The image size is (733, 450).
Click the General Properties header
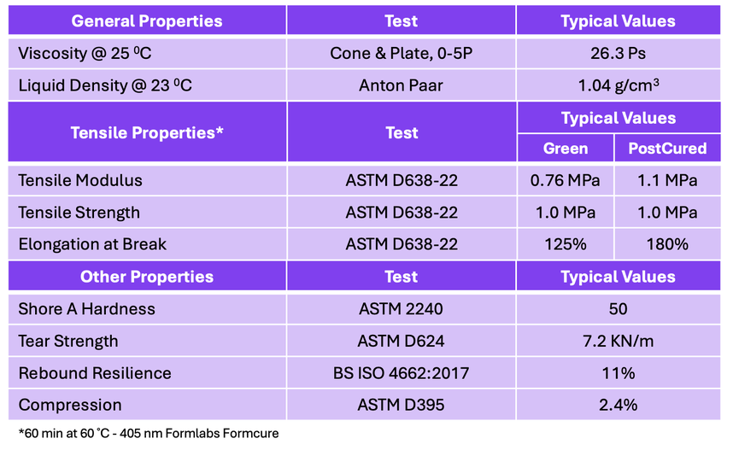[x=147, y=21]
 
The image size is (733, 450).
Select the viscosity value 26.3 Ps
[x=618, y=53]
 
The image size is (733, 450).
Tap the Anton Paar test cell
[x=401, y=85]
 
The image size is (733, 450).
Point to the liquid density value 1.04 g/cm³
[x=619, y=85]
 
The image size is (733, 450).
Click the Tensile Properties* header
[x=147, y=132]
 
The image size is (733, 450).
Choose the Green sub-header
[x=566, y=148]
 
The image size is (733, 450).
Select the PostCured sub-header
[x=667, y=148]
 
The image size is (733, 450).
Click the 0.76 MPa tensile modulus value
[x=565, y=180]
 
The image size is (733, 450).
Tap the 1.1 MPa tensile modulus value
[x=667, y=180]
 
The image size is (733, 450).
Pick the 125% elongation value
[x=566, y=244]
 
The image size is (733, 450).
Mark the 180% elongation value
[x=667, y=244]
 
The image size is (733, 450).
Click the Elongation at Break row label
[x=92, y=244]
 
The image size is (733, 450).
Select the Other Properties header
[x=147, y=277]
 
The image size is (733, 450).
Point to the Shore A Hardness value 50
[x=618, y=309]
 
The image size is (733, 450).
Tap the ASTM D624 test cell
[x=401, y=341]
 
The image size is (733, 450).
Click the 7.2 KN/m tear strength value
[x=618, y=341]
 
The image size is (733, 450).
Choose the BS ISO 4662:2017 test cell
[x=401, y=373]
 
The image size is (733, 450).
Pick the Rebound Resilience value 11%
[x=618, y=373]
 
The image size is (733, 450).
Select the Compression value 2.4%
[x=618, y=405]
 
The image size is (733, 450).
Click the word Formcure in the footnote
[x=250, y=433]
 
